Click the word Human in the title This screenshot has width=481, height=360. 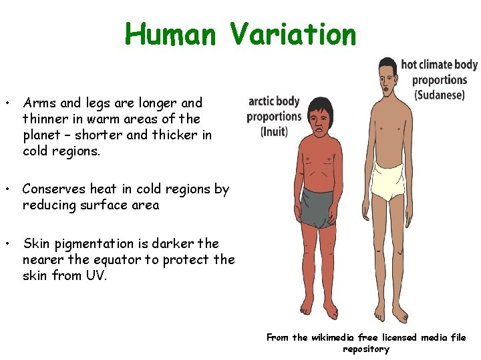[170, 34]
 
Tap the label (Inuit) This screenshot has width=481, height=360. [274, 131]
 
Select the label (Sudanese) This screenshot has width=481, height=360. [440, 95]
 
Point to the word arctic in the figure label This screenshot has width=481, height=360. [260, 102]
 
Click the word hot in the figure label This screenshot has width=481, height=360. [408, 65]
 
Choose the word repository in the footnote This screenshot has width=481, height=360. [365, 349]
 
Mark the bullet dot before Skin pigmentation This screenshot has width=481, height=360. [7, 244]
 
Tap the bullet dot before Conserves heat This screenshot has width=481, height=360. [7, 189]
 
